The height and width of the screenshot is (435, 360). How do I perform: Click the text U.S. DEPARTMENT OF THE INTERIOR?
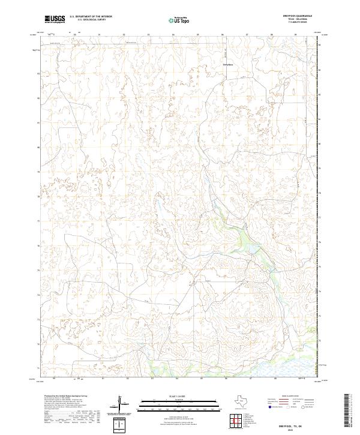(91, 17)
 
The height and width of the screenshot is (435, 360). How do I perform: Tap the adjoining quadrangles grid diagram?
(238, 421)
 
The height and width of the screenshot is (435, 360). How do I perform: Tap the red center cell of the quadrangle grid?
(238, 421)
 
